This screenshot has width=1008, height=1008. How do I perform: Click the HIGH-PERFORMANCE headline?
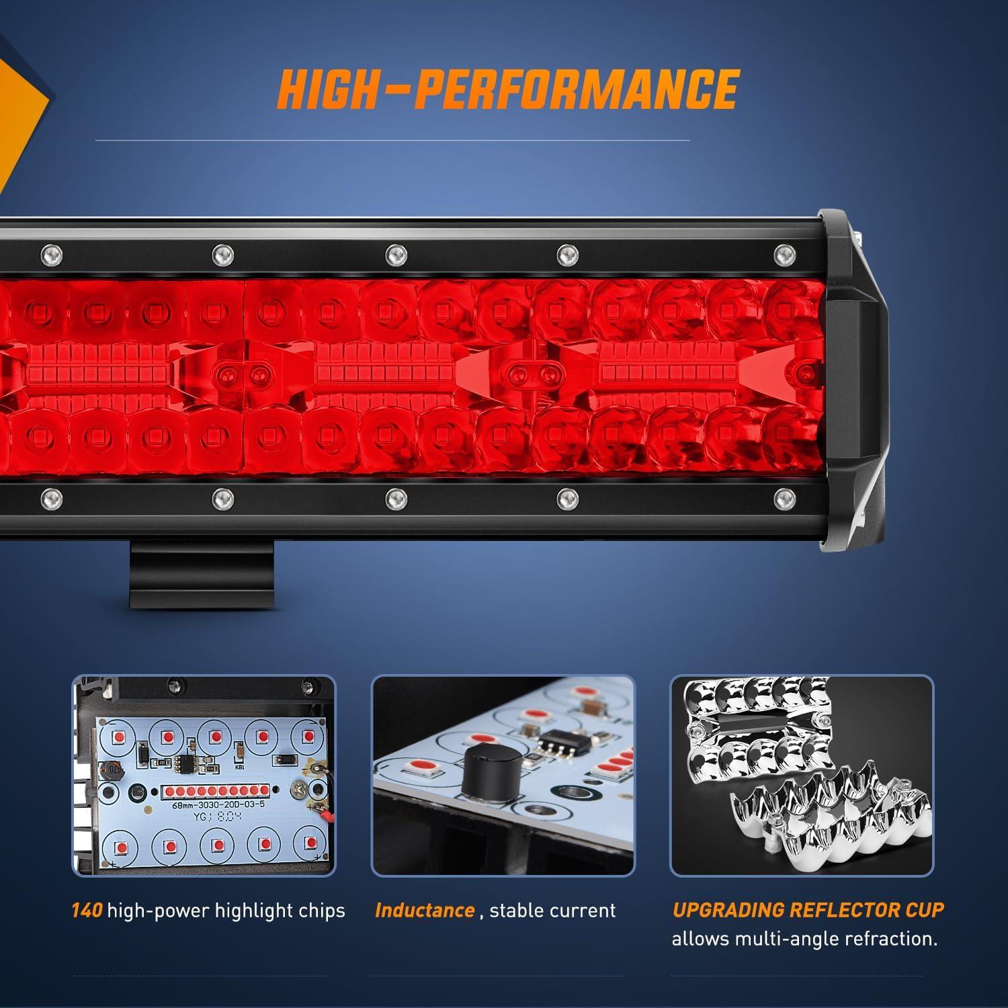point(508,89)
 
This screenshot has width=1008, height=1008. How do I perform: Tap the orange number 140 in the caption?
point(87,911)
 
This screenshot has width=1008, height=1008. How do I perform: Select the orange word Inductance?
point(425,911)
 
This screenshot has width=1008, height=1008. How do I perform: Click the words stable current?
point(552,911)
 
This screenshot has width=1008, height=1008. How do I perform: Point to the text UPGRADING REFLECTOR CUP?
point(808,910)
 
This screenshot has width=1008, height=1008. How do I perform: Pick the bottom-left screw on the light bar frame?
point(51,498)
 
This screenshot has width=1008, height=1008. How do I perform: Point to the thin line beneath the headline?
point(392,140)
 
